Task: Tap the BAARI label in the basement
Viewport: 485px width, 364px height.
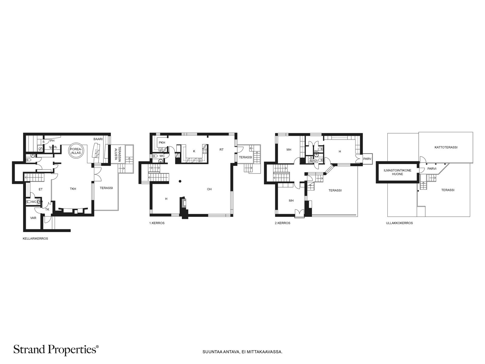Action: (98, 139)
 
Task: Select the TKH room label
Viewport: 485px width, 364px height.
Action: (73, 189)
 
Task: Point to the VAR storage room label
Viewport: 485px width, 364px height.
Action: (33, 218)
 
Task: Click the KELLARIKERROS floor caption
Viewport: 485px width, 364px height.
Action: (35, 239)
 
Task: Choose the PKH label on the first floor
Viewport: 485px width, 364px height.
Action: (162, 143)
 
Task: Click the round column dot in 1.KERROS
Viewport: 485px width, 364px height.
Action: (180, 181)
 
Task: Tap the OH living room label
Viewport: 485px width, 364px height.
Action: (209, 189)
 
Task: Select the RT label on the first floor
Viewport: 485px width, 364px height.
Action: (221, 150)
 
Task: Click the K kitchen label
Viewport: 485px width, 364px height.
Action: (194, 151)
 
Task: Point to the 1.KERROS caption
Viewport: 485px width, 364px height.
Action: (157, 223)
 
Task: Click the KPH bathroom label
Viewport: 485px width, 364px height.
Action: (313, 161)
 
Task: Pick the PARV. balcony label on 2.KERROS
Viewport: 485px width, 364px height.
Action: (367, 159)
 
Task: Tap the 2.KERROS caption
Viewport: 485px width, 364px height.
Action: (283, 223)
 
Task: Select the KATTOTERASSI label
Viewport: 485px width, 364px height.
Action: (446, 147)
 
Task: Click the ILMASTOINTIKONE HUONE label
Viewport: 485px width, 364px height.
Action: (397, 172)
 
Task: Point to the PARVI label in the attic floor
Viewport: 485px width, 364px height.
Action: (432, 169)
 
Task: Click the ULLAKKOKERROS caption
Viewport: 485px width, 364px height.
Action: (400, 223)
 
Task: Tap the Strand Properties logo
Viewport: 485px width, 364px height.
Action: (56, 350)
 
